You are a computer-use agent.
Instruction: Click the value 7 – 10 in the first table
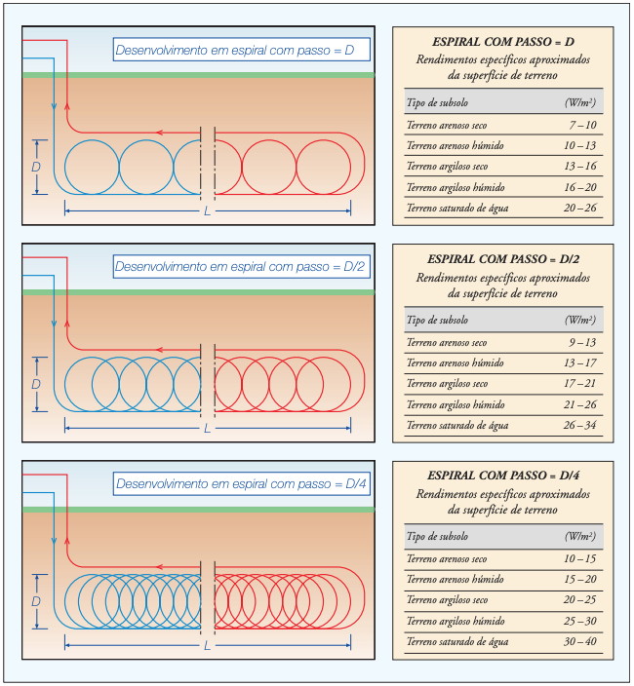coord(582,125)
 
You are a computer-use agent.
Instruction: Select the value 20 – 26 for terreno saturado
coord(580,208)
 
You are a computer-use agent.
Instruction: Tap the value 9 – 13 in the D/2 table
coord(582,343)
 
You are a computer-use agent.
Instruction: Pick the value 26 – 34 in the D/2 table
coord(580,425)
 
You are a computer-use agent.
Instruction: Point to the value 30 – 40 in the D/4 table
coord(580,642)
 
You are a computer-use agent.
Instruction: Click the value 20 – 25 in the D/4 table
coord(580,600)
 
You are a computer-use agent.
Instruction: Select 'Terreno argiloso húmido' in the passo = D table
coord(456,188)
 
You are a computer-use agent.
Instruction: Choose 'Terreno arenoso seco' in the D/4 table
coord(447,559)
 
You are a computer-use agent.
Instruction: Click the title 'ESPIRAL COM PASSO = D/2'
coord(503,259)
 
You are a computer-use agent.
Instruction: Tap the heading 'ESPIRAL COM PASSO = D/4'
coord(503,476)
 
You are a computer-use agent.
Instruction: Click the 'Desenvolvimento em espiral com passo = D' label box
coord(241,50)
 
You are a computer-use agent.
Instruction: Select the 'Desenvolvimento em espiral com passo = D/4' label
coord(241,484)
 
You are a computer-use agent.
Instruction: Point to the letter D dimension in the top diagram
coord(36,167)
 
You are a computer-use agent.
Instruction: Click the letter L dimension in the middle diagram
coord(207,429)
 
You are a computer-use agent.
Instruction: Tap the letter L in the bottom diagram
coord(207,646)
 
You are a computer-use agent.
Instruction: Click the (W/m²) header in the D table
coord(580,103)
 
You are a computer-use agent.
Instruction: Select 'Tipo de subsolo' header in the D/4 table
coord(437,536)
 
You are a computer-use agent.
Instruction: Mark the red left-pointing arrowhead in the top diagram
coord(160,133)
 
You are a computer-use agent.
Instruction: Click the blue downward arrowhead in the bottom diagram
coord(54,541)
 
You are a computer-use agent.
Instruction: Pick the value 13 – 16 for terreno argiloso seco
coord(580,167)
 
